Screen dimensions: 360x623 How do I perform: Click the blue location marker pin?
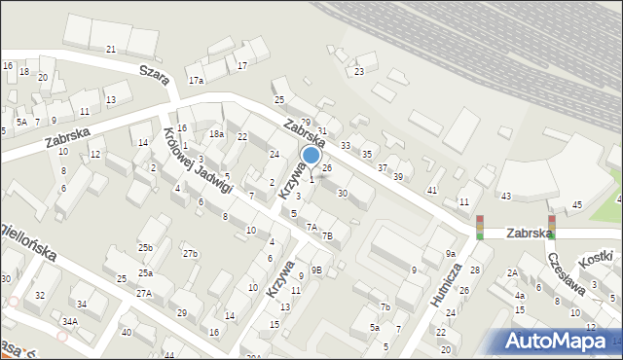(311, 156)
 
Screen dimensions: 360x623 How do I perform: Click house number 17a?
(197, 80)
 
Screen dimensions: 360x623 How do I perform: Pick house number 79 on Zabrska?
(305, 122)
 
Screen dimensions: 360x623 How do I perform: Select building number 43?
(505, 197)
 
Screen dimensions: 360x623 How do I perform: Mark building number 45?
(577, 204)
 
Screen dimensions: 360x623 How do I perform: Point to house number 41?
(432, 189)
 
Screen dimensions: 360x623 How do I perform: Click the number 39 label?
(397, 176)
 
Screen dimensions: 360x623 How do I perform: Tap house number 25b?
(145, 248)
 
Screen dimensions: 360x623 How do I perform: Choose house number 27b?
(190, 254)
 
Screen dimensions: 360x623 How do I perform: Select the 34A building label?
(70, 320)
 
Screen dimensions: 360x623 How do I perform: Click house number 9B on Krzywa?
(316, 269)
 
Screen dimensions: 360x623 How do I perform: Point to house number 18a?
(215, 134)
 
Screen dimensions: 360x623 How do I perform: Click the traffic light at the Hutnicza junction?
(479, 227)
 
